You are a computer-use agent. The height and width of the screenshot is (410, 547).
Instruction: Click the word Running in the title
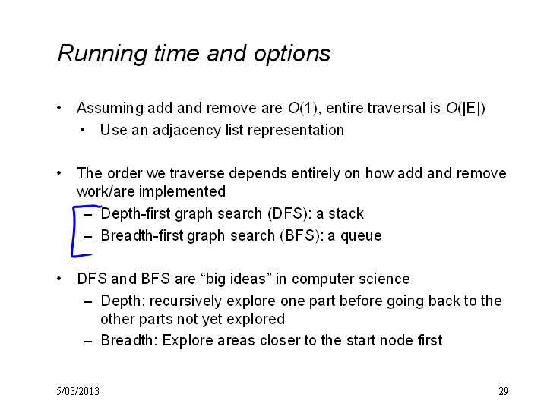coord(103,54)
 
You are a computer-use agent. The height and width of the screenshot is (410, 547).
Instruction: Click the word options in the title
coord(292,54)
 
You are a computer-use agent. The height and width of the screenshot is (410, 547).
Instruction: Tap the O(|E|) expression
coord(466,108)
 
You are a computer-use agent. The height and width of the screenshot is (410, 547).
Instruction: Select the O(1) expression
coord(303,108)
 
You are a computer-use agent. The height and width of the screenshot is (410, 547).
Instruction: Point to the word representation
coord(296,131)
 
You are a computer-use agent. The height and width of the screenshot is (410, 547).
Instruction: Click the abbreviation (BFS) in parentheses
coord(299,235)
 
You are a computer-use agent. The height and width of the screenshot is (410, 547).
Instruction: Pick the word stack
coord(346,213)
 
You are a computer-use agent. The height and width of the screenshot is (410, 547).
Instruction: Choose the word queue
coord(361,236)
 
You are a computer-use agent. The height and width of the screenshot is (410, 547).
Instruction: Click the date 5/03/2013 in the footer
coord(77,391)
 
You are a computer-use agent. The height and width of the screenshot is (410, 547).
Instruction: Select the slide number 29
coord(504,391)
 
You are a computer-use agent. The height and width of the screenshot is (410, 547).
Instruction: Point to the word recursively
coord(185,301)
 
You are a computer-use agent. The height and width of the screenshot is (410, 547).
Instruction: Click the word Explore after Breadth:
coord(188,341)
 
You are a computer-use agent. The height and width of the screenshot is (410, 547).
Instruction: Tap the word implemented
coord(182,192)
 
